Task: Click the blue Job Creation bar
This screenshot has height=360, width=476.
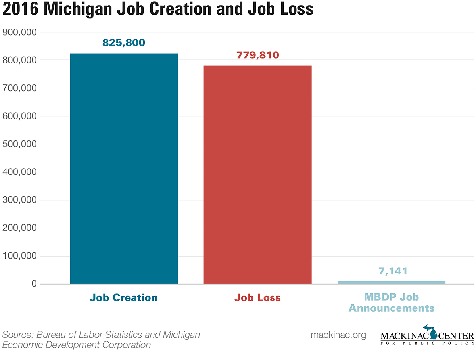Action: point(124,169)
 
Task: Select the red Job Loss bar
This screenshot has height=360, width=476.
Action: point(257,174)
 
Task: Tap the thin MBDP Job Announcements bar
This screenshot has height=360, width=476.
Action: point(392,282)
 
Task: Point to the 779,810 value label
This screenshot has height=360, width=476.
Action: point(258,55)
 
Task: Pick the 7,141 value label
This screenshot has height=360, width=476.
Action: point(392,271)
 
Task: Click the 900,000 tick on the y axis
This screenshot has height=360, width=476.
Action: point(20,32)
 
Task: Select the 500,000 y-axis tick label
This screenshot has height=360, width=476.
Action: point(20,144)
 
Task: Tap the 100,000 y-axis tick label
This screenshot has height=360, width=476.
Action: point(20,256)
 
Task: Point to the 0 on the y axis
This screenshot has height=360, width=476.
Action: point(35,284)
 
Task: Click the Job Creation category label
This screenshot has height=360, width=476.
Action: point(124,297)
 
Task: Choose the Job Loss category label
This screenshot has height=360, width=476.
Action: point(257,297)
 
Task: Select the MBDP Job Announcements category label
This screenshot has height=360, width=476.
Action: point(392,302)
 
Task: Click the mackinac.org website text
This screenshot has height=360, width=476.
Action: point(338,335)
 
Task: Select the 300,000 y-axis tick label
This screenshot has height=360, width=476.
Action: point(20,200)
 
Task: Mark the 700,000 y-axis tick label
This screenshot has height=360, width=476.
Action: point(20,88)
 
